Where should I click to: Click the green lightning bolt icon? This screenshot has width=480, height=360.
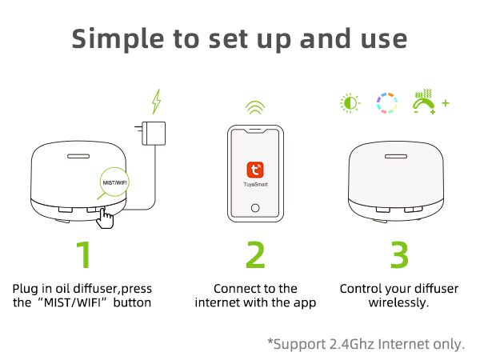(x=157, y=102)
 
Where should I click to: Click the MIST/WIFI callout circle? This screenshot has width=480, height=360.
(x=114, y=183)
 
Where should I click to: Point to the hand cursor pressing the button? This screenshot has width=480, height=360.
(x=106, y=218)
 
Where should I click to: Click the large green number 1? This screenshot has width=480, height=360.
(x=84, y=254)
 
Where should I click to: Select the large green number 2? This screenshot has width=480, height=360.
(x=255, y=254)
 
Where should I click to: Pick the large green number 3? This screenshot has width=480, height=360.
(x=399, y=254)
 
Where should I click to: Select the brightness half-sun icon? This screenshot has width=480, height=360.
(x=349, y=103)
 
